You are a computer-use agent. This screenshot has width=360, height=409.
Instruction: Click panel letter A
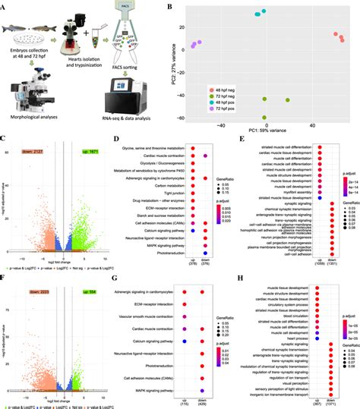(5, 5)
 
